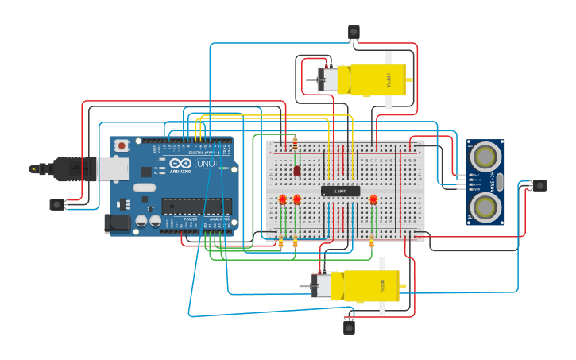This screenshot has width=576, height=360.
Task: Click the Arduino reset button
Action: (x=122, y=145)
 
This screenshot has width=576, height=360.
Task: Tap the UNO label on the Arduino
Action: (x=206, y=164)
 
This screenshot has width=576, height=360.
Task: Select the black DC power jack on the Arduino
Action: (x=117, y=223)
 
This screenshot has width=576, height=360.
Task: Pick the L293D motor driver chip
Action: (x=340, y=191)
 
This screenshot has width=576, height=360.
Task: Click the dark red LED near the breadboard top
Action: (x=296, y=170)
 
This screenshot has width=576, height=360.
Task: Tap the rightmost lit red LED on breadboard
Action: (x=373, y=199)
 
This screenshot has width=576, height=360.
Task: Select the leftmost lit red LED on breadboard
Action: (x=282, y=199)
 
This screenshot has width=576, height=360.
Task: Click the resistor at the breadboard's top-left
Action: (x=296, y=145)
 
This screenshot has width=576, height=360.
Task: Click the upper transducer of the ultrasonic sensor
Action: (x=485, y=157)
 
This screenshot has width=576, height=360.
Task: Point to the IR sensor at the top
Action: (x=354, y=32)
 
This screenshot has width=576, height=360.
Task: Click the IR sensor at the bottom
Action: (x=349, y=326)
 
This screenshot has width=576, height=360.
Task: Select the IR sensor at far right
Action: (x=540, y=185)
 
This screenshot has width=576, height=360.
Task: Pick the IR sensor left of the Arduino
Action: (x=56, y=204)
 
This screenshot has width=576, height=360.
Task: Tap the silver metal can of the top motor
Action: (x=327, y=79)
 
